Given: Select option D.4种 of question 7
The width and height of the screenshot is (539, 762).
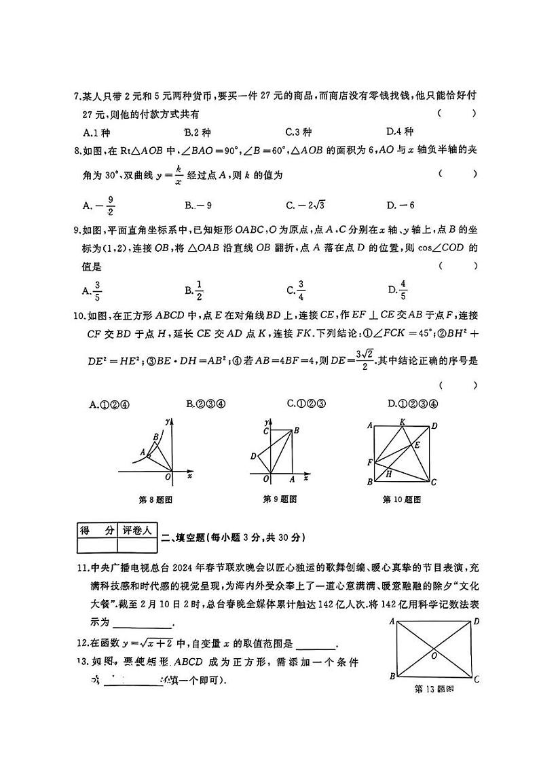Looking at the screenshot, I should pos(400,132).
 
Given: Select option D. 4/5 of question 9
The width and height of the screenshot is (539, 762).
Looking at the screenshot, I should pos(397,290).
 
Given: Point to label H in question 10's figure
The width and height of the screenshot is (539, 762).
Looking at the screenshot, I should pos(388,474).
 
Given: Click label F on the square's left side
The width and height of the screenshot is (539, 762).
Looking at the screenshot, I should pos(370,462).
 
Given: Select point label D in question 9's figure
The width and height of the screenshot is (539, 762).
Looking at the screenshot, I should pos(253,456).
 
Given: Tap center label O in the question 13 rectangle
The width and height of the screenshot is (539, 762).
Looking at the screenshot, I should pos(434,655).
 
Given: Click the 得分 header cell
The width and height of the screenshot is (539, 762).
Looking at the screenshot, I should pos(97,530).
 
